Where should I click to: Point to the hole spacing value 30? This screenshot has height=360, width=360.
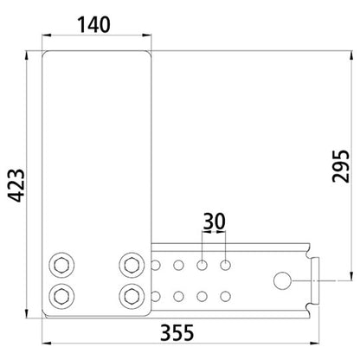(x=213, y=221)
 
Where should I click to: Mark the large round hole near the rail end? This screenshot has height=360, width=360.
(x=283, y=280)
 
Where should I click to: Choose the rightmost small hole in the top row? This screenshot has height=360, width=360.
(x=227, y=262)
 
